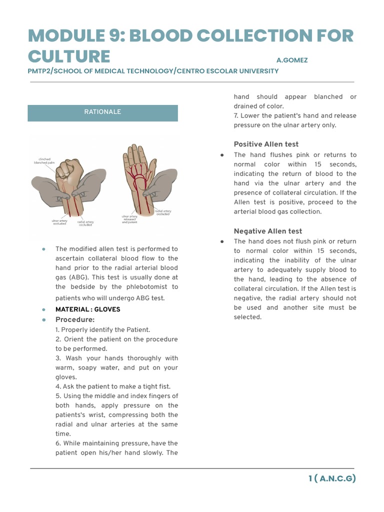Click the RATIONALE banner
point(102,112)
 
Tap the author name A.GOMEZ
point(291,60)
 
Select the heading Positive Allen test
point(266,144)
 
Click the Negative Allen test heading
point(268,231)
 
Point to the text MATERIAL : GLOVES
point(87,309)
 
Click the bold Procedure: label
point(75,319)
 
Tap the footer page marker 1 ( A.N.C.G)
point(331,478)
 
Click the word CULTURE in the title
point(69,55)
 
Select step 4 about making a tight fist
point(113,386)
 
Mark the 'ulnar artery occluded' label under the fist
point(60,221)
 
